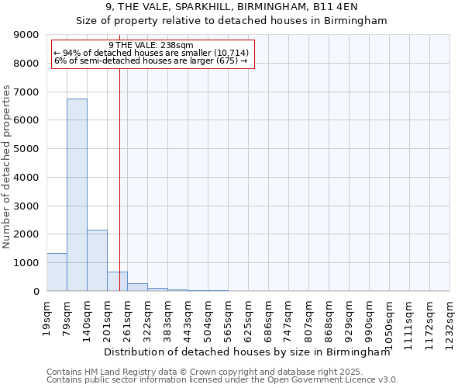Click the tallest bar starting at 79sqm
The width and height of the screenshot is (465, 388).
pos(77,194)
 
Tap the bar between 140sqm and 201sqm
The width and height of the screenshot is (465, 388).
pos(97,260)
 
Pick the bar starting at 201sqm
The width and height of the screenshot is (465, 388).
pos(117,282)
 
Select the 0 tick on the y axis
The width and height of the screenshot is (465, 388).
pos(36,292)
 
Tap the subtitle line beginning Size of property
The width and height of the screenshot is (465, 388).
pos(231,21)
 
